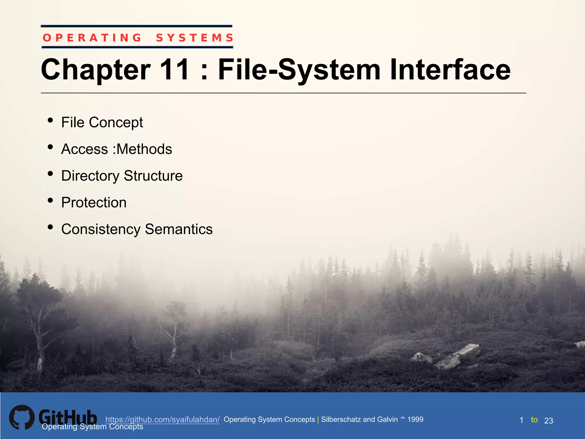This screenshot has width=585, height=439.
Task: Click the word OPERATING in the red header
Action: pyautogui.click(x=92, y=38)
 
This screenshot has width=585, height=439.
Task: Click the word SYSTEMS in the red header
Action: pyautogui.click(x=195, y=38)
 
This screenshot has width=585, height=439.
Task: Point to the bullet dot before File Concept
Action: pyautogui.click(x=51, y=120)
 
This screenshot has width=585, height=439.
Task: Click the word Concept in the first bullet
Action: pyautogui.click(x=116, y=123)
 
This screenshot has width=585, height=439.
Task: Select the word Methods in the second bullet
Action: pyautogui.click(x=144, y=149)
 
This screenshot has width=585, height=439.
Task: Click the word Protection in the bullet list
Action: pyautogui.click(x=94, y=203)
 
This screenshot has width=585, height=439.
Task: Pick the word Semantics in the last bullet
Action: pyautogui.click(x=179, y=229)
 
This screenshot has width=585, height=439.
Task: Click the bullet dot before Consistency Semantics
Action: pyautogui.click(x=51, y=227)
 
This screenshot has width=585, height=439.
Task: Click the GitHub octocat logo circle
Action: pyautogui.click(x=22, y=417)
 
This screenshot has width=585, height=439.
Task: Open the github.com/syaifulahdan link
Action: pyautogui.click(x=162, y=420)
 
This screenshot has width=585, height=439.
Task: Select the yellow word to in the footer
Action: pyautogui.click(x=534, y=420)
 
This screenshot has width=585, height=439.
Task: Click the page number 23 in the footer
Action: pyautogui.click(x=548, y=421)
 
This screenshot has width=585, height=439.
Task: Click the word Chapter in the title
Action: pyautogui.click(x=96, y=69)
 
